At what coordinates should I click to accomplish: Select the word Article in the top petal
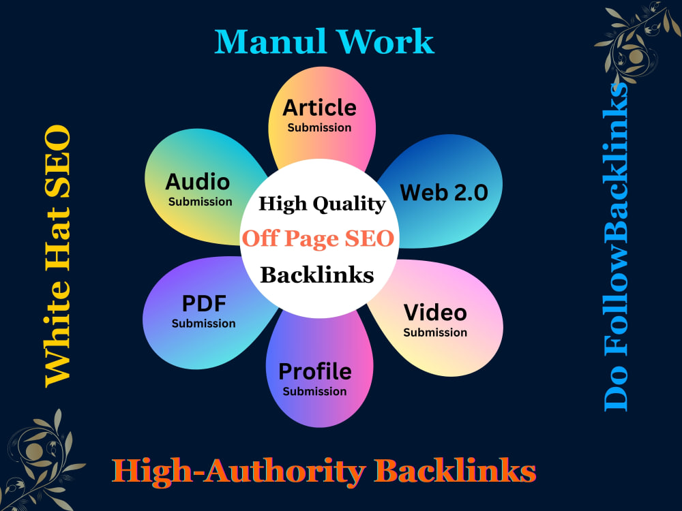tap(320, 108)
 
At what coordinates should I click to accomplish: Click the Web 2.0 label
tap(444, 193)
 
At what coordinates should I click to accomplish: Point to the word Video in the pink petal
tap(435, 313)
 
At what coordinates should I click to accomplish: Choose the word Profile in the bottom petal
tap(315, 371)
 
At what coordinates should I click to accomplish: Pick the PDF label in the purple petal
tap(204, 303)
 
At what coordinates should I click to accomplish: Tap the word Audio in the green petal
tap(198, 182)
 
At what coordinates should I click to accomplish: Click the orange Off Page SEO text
tap(318, 238)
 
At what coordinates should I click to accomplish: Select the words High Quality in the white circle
tap(323, 204)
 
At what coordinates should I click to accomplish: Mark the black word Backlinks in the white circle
tap(317, 275)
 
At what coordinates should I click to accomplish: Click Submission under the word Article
tap(319, 128)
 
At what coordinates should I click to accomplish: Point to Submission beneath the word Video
tap(435, 332)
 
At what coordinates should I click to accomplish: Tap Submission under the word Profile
tap(314, 392)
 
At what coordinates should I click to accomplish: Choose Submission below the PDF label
tap(203, 324)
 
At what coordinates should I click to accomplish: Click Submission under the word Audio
tap(200, 202)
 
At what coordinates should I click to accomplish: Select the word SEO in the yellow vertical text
tap(57, 160)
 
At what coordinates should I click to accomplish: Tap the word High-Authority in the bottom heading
tap(239, 471)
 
